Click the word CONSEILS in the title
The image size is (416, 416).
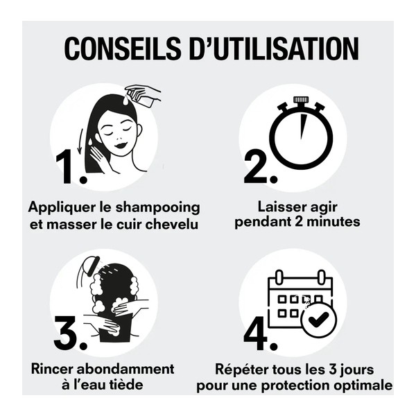point(117,49)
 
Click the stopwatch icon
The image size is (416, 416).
point(301,135)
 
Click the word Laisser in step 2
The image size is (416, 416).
point(276,207)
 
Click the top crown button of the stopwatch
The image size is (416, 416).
point(301,101)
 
